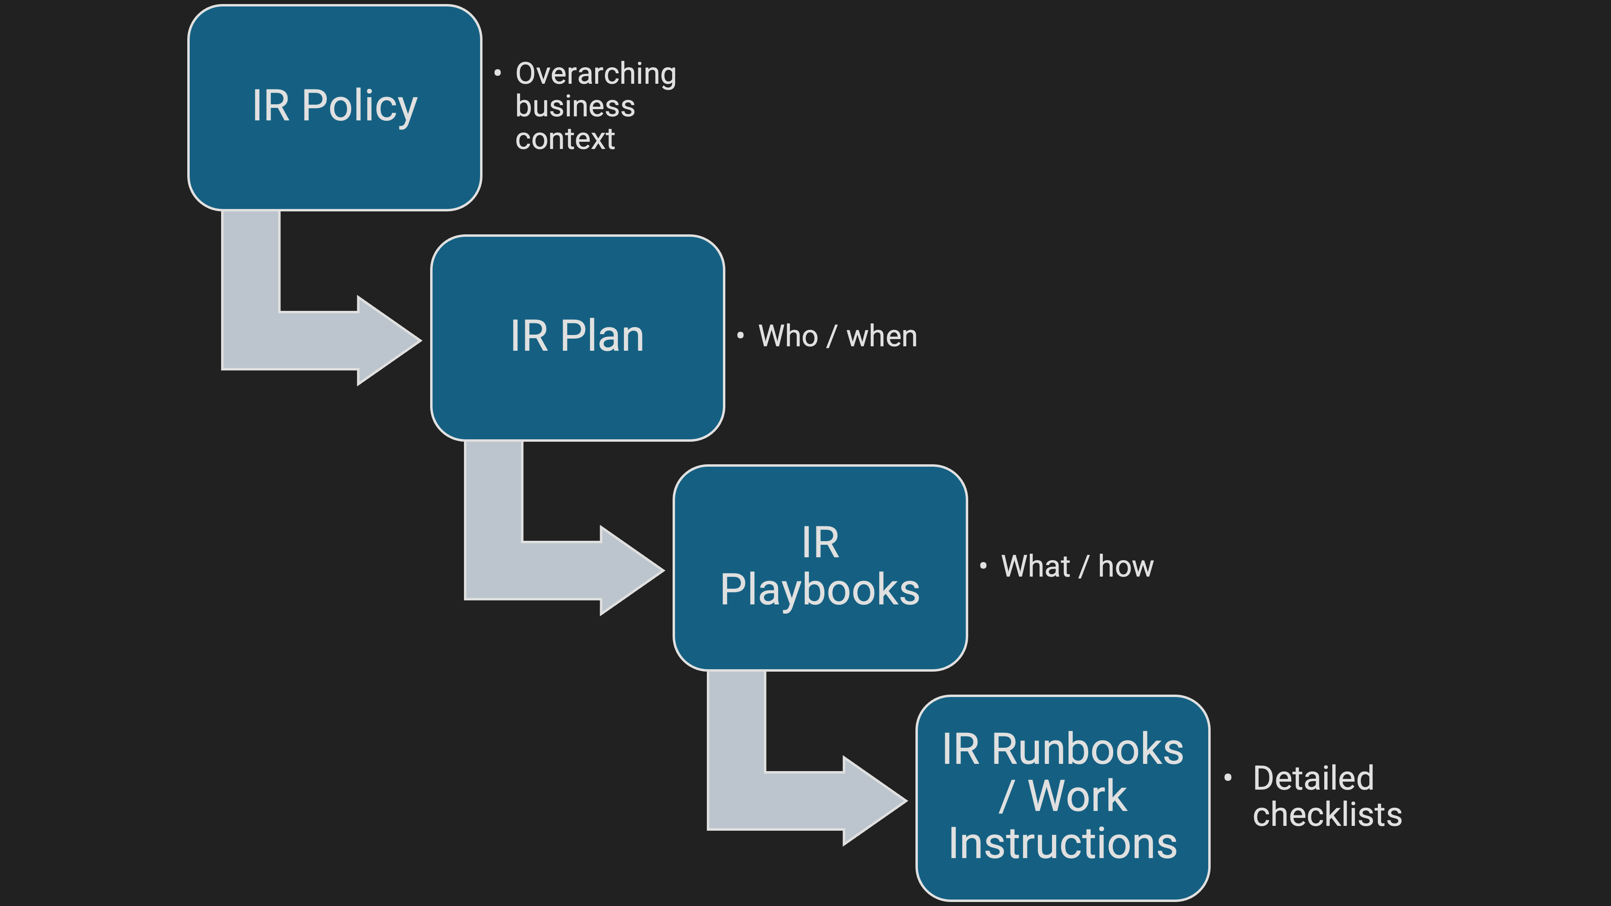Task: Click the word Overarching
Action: [595, 74]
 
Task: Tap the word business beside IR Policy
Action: [575, 106]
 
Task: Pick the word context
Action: [565, 139]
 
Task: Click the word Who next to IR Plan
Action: [788, 336]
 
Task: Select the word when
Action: [881, 336]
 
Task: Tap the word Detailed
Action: [1313, 778]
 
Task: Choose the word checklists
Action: [1327, 815]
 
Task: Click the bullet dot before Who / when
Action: [740, 336]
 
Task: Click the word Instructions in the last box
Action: [1062, 844]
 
